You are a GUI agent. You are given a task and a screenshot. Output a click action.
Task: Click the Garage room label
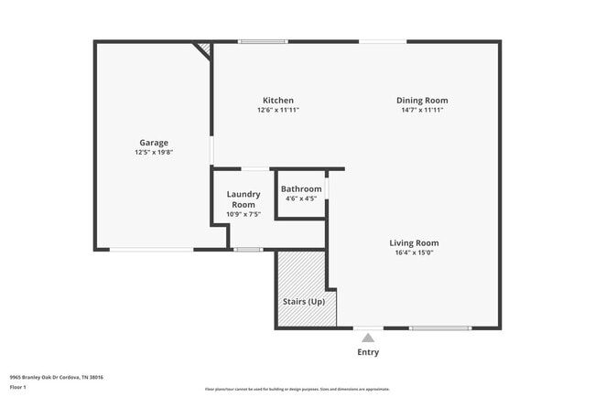[x=152, y=143]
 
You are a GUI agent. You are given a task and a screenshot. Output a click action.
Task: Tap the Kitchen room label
[x=278, y=100]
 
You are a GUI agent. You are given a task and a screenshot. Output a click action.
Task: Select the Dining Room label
[x=422, y=100]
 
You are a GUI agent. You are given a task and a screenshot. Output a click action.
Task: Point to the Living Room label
[x=414, y=242]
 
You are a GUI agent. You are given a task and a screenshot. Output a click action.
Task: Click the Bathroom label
[x=301, y=188]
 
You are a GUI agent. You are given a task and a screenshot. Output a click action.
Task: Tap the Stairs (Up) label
[x=303, y=301]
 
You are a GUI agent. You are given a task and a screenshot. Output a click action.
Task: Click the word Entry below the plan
[x=368, y=352]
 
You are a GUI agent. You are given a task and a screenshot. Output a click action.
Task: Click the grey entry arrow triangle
[x=368, y=338]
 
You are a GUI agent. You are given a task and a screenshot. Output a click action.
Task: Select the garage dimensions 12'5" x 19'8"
[x=153, y=153]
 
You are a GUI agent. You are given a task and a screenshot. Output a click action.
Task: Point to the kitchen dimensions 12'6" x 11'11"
[x=278, y=110]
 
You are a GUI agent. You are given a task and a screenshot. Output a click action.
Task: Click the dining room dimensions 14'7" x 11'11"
[x=422, y=110]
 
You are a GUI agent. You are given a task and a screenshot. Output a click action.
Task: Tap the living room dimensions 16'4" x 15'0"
[x=414, y=252]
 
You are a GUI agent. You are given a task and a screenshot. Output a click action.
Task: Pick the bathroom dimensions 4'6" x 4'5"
[x=301, y=198]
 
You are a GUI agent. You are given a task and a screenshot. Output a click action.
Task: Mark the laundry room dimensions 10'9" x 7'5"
[x=243, y=215]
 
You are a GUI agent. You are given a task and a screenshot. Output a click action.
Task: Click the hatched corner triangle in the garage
[x=205, y=48]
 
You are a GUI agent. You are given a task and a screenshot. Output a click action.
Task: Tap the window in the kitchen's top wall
[x=263, y=41]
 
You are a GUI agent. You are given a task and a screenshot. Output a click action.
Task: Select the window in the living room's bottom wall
[x=440, y=327]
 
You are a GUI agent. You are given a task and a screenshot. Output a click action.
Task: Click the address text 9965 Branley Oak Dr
[x=57, y=377]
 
